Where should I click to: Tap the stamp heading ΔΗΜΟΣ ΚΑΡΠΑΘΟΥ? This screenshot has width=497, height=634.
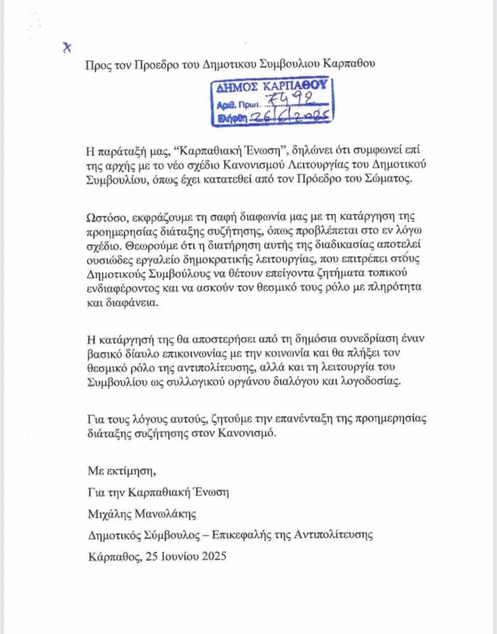coord(271,86)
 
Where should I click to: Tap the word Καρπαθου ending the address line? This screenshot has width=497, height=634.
coord(350,64)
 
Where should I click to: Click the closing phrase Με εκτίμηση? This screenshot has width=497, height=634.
coord(121,470)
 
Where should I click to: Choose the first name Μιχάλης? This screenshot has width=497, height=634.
coord(108,514)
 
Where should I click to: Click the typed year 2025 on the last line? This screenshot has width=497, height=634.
coord(214,556)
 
